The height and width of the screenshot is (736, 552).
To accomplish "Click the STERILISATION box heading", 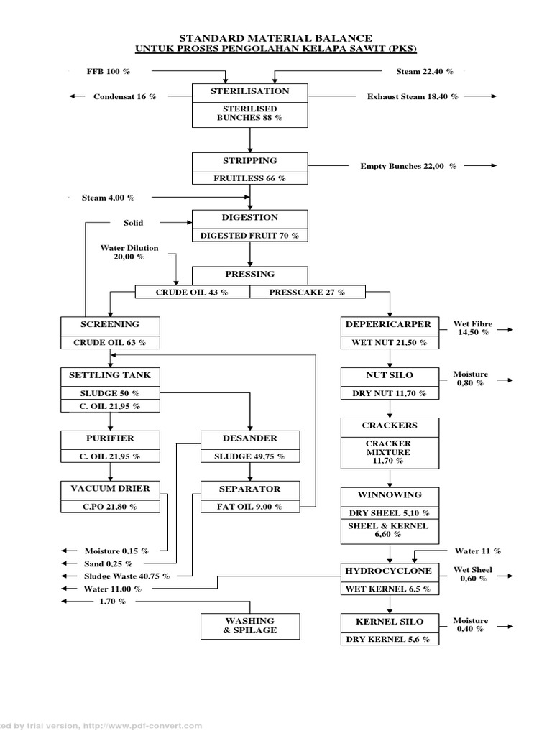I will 249,91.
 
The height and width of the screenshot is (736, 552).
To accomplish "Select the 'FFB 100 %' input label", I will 108,72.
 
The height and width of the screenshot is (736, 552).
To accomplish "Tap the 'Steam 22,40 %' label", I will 425,72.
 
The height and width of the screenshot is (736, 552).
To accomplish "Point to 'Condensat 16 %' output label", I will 124,96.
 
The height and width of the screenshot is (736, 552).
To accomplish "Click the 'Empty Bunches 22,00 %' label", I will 408,166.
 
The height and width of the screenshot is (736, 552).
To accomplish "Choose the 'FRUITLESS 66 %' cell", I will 249,178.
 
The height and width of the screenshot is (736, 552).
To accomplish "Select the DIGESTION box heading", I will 249,218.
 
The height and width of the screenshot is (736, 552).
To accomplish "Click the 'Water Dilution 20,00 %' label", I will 129,253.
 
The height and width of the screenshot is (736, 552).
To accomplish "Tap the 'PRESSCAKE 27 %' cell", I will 307,292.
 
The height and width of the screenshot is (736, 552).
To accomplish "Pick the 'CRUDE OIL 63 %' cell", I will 110,342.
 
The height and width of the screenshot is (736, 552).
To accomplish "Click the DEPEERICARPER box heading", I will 390,324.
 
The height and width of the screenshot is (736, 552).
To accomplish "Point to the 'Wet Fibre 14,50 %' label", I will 472,328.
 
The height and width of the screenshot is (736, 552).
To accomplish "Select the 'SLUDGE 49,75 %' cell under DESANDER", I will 249,456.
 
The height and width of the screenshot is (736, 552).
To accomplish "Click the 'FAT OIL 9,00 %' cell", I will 249,507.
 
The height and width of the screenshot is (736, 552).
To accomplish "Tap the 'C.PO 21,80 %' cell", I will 110,507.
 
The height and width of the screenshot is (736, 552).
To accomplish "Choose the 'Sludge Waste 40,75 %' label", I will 126,576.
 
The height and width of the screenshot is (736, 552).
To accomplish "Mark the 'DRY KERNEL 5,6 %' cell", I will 390,639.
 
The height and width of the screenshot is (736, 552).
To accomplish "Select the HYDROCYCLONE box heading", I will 390,571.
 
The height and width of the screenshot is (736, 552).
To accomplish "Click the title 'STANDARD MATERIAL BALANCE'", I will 275,37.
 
